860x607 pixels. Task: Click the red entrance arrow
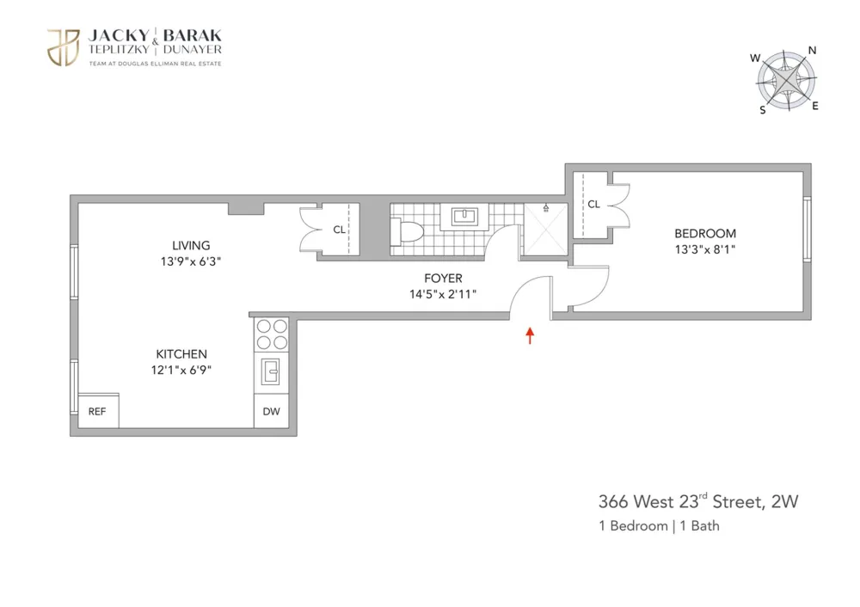coord(530,335)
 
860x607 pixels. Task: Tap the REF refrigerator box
coord(98,411)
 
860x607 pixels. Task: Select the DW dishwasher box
coord(272,411)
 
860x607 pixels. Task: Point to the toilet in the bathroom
coord(407,230)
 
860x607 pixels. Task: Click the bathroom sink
coord(464,216)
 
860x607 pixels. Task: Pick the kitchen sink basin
coord(271,371)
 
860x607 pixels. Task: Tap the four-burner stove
coord(272,334)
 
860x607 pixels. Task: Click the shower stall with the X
coord(546,230)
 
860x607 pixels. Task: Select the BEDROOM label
coord(705,234)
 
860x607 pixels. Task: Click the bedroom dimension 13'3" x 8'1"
coord(705,249)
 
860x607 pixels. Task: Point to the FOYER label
coord(443,278)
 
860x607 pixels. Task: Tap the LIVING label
coord(191,246)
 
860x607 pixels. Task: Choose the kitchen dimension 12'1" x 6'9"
coord(181,370)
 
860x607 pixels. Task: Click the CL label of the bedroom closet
coord(593,205)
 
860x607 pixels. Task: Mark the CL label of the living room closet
coord(339,230)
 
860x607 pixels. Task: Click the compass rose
coord(787,81)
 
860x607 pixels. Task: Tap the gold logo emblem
coord(64,47)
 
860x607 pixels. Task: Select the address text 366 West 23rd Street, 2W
coord(698,501)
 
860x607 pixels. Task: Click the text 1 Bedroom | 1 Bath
coord(659,526)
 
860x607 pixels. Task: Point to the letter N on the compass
coord(813,51)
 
